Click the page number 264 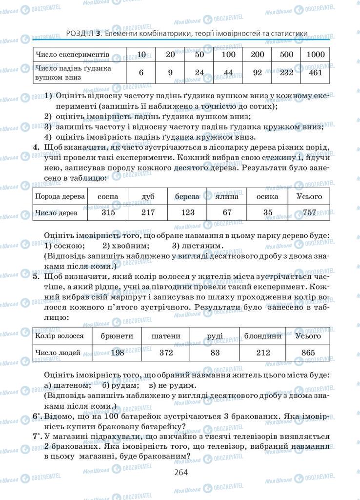tap(180, 472)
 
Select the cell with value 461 tap(315, 72)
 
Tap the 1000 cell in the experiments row tap(315, 54)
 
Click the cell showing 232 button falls tap(286, 72)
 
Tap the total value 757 tap(309, 212)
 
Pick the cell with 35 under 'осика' tap(267, 212)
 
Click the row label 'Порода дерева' tap(60, 196)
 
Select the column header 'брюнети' tap(117, 336)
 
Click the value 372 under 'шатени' tap(166, 353)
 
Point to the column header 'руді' tap(215, 336)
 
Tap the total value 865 tap(308, 353)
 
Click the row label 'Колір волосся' tap(60, 336)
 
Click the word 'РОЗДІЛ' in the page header tap(79, 34)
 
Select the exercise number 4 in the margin tap(36, 147)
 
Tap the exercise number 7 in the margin tap(36, 437)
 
